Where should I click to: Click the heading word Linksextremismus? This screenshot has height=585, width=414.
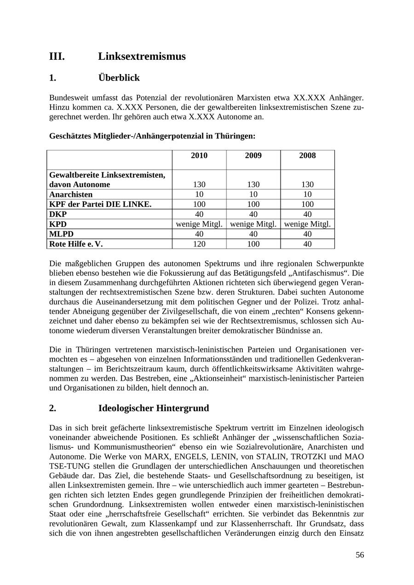coord(142,57)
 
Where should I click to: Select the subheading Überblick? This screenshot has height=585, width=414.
coord(119,78)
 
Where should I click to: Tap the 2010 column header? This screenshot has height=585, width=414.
coord(199,156)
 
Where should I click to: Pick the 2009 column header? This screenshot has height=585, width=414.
coord(253,156)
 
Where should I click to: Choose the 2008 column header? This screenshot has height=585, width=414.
coord(307,156)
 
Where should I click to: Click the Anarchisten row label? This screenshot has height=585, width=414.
coord(71,195)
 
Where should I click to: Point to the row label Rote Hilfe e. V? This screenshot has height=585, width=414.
coord(76,244)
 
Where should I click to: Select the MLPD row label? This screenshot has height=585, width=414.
coord(61,234)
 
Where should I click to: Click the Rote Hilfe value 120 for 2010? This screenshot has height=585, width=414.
coord(199,244)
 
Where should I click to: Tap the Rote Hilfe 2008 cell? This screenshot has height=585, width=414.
coord(307,244)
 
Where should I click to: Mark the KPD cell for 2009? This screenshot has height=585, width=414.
coord(253,224)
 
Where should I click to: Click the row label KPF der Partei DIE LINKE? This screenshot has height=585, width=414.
coord(100,204)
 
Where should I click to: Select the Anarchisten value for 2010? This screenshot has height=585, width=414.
coord(199,195)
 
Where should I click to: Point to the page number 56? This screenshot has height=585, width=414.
coord(359,555)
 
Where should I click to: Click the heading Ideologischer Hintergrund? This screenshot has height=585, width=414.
coord(154,408)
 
